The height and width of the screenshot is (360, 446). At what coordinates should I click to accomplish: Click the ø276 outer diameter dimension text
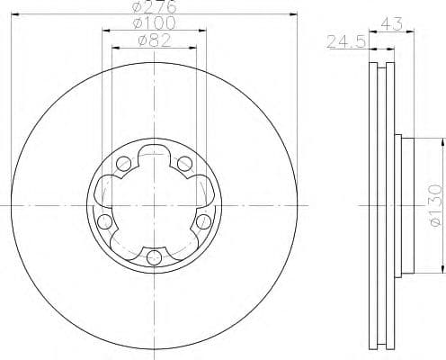154,8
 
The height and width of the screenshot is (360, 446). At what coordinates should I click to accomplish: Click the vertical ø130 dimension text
434,205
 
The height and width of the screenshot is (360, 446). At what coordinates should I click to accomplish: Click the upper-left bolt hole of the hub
122,164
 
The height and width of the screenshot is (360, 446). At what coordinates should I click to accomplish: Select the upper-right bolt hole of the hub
185,163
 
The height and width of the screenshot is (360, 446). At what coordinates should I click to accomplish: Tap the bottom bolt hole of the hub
154,259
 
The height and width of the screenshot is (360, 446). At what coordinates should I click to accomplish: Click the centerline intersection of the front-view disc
154,206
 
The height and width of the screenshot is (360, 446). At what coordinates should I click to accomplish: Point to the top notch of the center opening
154,151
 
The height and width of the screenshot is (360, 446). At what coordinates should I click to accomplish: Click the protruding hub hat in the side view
405,205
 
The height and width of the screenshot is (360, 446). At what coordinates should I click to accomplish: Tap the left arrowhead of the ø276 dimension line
17,16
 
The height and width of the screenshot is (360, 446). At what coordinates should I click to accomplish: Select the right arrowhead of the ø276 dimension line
292,16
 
